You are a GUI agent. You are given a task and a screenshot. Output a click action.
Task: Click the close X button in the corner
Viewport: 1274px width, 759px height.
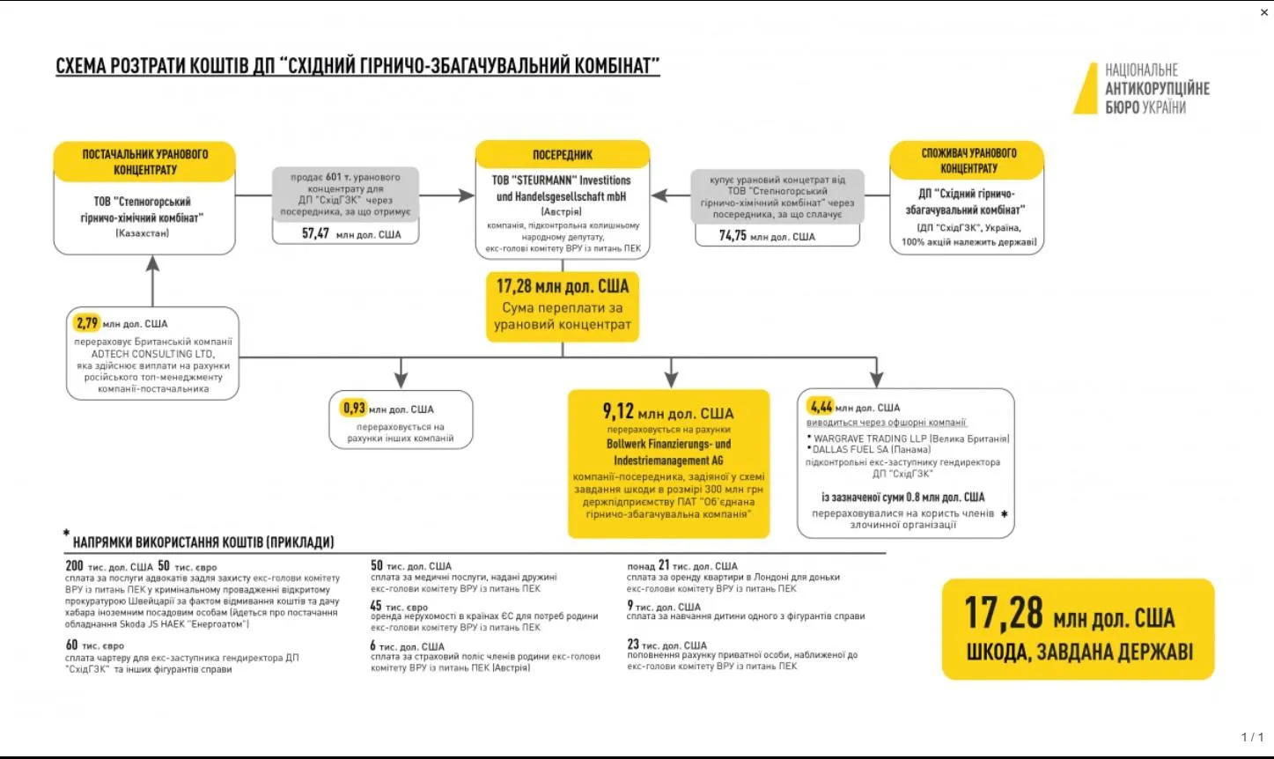[1264, 12]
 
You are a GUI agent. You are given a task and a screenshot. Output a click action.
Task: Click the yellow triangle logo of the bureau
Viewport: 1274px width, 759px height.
[1086, 91]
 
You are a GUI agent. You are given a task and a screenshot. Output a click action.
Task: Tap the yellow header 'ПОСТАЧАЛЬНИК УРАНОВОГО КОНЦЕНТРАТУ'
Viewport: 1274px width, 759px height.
[144, 162]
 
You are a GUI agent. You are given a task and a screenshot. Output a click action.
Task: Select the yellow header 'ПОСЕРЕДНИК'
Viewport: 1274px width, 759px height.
[563, 155]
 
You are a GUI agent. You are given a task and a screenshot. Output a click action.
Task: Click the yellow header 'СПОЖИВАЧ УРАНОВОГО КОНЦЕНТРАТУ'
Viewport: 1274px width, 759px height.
[968, 160]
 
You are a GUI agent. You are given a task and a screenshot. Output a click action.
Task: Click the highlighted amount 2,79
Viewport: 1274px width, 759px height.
[86, 323]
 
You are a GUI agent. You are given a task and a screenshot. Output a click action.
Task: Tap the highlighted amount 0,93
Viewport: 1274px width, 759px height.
[354, 409]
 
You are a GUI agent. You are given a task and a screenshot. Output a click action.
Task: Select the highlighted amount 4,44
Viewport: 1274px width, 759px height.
[821, 407]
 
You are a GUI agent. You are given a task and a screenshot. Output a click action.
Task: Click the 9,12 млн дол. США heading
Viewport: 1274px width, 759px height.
[668, 412]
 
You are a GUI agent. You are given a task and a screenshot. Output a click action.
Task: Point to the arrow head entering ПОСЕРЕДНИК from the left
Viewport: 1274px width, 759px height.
[466, 195]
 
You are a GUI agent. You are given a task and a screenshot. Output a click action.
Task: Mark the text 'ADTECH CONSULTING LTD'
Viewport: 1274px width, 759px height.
[152, 354]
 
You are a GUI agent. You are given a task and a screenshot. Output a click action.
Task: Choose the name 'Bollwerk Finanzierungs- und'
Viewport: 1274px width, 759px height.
[668, 444]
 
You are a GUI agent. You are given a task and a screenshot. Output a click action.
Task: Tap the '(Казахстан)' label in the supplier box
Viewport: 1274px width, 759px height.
[142, 233]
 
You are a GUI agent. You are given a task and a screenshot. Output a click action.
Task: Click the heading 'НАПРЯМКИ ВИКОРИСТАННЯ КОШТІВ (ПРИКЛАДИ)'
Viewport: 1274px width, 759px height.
[203, 542]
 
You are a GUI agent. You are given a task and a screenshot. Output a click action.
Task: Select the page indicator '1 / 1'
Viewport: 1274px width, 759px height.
[1252, 737]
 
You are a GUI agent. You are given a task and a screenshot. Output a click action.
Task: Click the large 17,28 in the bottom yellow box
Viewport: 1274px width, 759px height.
[1003, 613]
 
